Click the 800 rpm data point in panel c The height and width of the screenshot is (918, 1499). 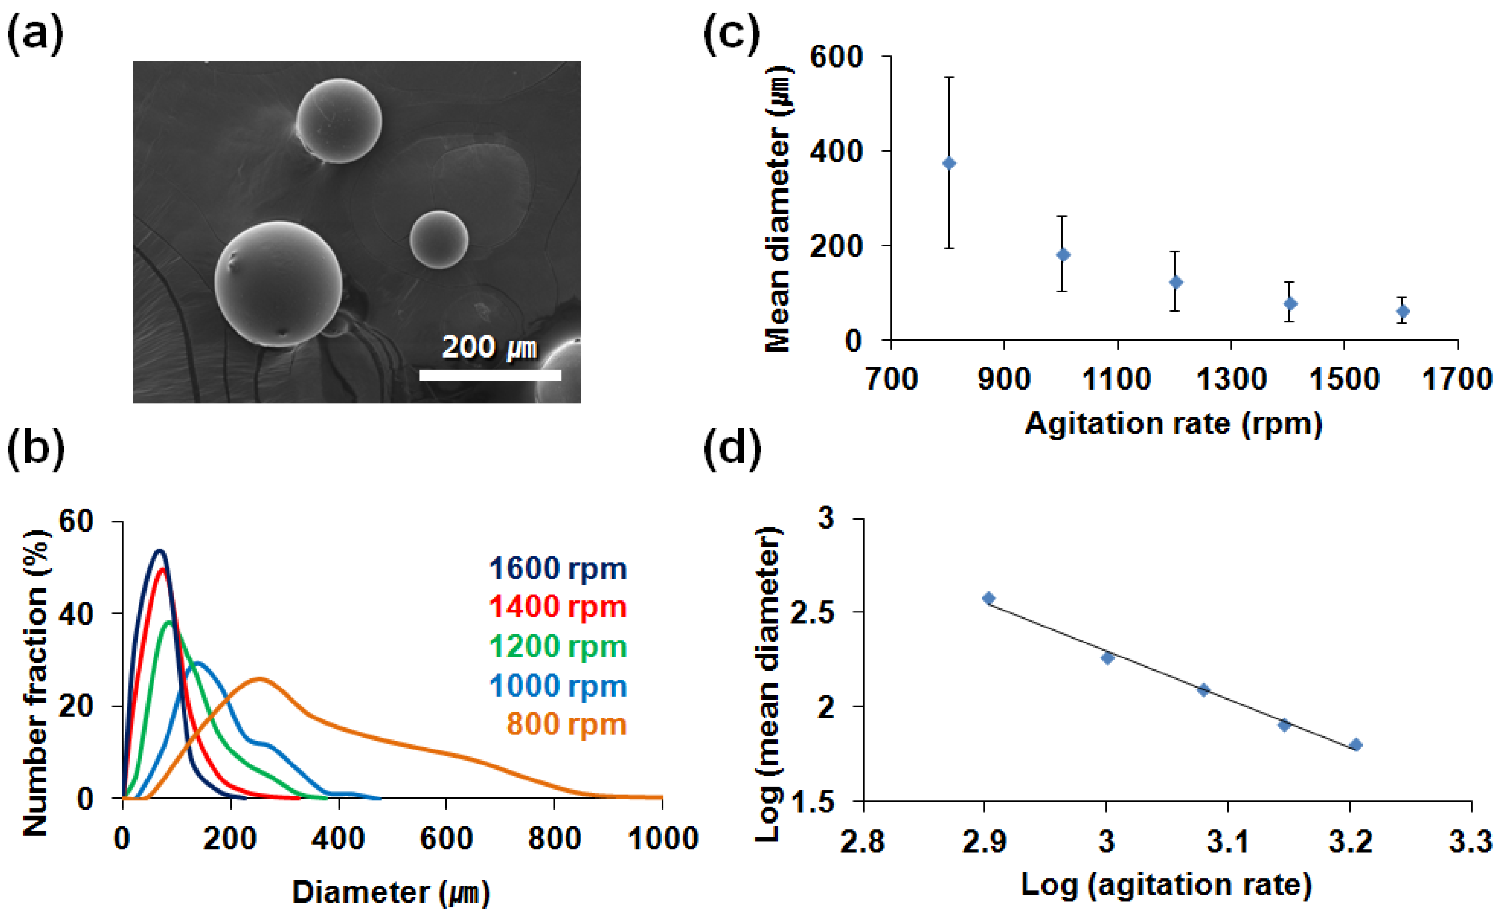[948, 164]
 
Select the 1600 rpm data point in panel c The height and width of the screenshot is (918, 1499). [1403, 311]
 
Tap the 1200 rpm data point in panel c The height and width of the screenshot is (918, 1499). [1176, 282]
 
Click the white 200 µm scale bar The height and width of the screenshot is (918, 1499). [489, 375]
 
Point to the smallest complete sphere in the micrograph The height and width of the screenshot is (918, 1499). [439, 239]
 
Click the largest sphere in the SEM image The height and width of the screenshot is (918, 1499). [278, 284]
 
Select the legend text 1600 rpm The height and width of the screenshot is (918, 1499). [557, 568]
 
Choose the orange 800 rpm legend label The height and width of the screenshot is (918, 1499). [566, 724]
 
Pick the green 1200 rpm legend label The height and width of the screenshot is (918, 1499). [557, 646]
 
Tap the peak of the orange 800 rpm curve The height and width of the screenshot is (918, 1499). [260, 678]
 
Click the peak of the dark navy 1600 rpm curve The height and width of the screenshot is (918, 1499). [160, 551]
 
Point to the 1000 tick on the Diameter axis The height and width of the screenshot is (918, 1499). [662, 840]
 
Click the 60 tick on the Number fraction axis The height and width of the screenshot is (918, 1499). [76, 521]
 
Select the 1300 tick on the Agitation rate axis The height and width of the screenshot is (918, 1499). [1231, 380]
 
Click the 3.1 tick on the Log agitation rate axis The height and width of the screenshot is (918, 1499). [1228, 842]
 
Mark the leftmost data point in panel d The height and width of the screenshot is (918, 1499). [989, 598]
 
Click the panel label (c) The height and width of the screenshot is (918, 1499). [732, 33]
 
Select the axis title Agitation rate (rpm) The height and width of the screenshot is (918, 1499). [1174, 423]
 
